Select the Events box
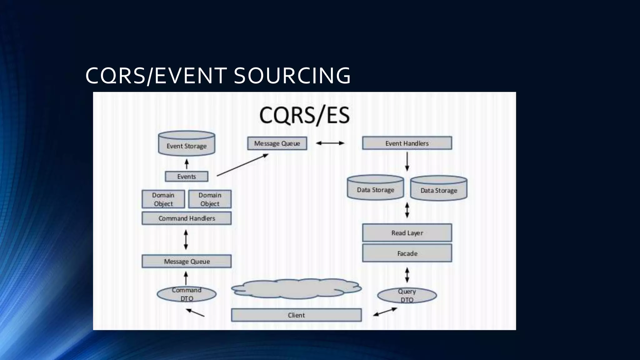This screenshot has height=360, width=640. [x=187, y=177]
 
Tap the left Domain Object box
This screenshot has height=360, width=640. [x=163, y=199]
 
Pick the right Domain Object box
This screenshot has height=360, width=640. [x=210, y=199]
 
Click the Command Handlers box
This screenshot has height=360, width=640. [x=187, y=218]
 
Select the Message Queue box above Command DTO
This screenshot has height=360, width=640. [x=187, y=261]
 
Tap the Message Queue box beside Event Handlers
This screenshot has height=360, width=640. [x=277, y=143]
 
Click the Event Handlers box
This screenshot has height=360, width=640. [x=407, y=143]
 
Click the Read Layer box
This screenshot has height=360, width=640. [x=407, y=233]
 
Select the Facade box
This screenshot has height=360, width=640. [x=407, y=253]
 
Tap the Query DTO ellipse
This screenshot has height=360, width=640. [x=407, y=295]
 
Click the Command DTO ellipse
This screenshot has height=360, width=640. [x=187, y=294]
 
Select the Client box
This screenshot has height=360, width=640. [x=296, y=315]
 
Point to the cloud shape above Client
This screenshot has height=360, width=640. [x=296, y=288]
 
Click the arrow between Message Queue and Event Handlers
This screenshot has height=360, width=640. [x=330, y=143]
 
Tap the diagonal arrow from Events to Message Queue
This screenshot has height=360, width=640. [x=242, y=165]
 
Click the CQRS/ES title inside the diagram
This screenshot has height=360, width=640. [x=304, y=115]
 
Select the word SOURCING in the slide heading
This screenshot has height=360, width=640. [x=292, y=76]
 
